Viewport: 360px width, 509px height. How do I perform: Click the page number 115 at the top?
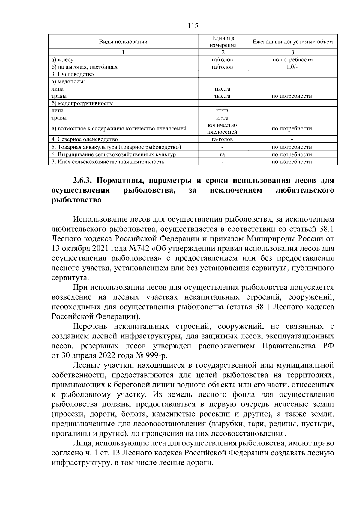tap(193, 26)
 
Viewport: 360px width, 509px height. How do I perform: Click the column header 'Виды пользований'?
tap(123, 42)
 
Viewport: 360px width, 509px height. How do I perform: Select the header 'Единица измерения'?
tap(223, 42)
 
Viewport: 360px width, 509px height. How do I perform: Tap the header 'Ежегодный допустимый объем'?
tap(292, 42)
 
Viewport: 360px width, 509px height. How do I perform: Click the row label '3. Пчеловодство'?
tap(73, 74)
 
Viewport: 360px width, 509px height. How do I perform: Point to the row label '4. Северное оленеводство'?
tap(85, 139)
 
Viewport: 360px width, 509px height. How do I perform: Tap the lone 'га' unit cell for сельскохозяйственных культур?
tap(222, 154)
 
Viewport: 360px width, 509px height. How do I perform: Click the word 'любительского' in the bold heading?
tap(304, 190)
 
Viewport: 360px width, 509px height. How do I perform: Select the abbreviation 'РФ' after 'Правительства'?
tap(328, 346)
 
